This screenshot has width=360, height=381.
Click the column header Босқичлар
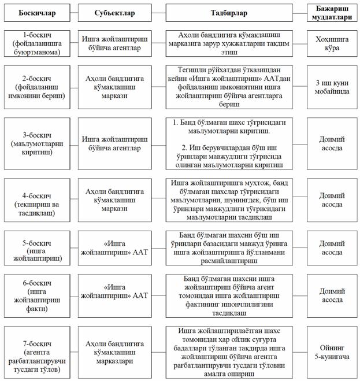tap(34, 13)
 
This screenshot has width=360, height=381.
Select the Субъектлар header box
tap(114, 13)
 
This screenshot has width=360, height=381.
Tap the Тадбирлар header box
tap(228, 13)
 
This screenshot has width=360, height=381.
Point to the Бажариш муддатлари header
tap(331, 12)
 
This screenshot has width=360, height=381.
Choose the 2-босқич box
tap(34, 87)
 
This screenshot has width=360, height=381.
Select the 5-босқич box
tap(34, 249)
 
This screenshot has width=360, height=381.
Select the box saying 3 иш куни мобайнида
tap(331, 87)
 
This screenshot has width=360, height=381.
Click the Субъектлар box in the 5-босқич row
tap(114, 249)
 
